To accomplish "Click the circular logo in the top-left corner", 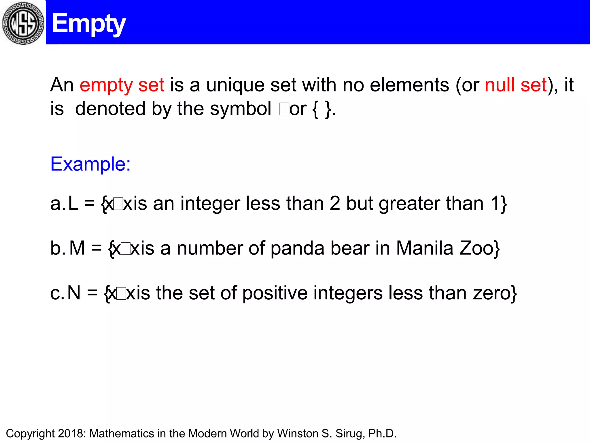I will [23, 23].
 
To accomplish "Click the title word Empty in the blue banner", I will [89, 24].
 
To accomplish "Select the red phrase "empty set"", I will [122, 85].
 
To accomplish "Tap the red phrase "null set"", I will [516, 85].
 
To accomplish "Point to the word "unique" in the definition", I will [235, 86].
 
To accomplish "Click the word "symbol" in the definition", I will [240, 109].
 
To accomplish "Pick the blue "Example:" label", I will [90, 164].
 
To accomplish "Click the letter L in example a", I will [73, 203].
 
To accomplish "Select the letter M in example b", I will [77, 248].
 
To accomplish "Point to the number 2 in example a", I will [335, 203].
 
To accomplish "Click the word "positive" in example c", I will [275, 293].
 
